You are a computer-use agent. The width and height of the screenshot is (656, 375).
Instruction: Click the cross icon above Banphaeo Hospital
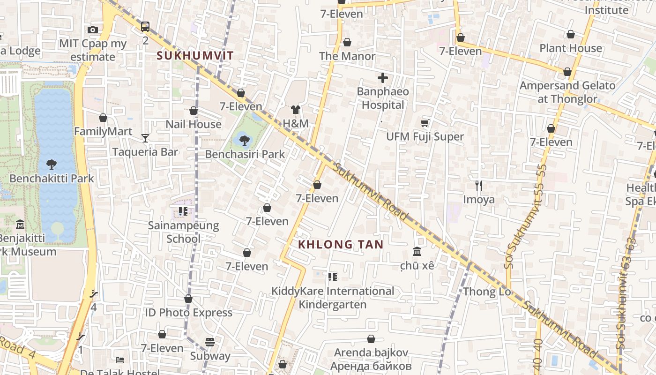pos(383,78)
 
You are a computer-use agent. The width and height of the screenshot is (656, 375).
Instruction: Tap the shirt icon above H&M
pos(296,110)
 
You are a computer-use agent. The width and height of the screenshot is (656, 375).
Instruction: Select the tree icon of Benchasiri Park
pos(244,140)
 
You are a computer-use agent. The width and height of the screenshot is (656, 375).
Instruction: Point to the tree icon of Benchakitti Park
pos(52,164)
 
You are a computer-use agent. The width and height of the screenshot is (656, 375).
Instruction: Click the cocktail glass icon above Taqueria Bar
pos(145,138)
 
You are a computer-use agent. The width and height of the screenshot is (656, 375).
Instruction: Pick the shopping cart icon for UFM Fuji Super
pos(425,123)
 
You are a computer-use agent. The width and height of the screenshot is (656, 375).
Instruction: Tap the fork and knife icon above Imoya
pos(479,186)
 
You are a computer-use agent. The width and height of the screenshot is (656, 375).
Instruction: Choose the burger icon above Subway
pos(210,342)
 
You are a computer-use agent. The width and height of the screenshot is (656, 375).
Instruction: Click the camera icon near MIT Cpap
pos(93,30)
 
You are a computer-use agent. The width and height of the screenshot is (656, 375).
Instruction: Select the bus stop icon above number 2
pos(145,27)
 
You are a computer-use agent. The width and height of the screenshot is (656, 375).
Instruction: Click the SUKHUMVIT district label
pos(195,56)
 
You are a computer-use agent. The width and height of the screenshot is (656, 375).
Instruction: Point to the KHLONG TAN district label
pos(341,244)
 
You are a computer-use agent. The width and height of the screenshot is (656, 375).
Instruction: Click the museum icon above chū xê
pos(417,252)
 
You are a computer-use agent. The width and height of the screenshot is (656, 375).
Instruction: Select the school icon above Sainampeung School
pos(183,211)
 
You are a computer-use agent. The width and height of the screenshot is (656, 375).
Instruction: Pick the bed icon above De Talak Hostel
pos(120,360)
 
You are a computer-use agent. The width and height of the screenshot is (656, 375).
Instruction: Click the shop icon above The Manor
pos(347,42)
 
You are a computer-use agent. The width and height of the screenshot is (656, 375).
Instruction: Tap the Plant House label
pos(570,48)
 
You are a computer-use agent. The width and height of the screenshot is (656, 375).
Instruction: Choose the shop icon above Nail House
pos(194,111)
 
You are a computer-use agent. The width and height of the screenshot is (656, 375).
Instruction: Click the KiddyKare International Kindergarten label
pos(333,298)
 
